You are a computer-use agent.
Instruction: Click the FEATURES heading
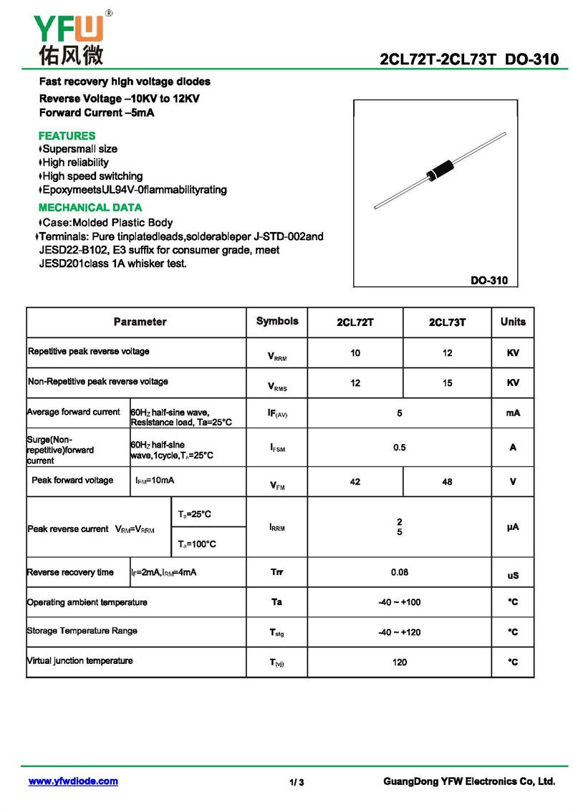pos(67,135)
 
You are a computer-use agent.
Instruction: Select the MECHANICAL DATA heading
pos(85,208)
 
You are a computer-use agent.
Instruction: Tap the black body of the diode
pos(438,170)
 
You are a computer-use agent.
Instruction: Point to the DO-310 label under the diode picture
pos(488,281)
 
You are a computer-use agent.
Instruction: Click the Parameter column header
pos(140,322)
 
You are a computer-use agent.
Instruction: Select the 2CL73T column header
pos(447,323)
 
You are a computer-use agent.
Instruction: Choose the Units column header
pos(513,322)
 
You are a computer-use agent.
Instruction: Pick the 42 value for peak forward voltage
pos(355,482)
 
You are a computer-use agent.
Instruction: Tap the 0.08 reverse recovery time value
pos(400,573)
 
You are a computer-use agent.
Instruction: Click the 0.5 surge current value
pos(400,448)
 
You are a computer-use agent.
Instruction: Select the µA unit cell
pos(513,527)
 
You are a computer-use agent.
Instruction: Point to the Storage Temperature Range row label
pos(82,631)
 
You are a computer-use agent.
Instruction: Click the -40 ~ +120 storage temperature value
pos(400,632)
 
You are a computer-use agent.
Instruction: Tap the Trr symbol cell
pos(277,573)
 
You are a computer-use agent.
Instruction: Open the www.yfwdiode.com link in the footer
pos(73,781)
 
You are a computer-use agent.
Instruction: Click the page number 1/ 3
pos(297,782)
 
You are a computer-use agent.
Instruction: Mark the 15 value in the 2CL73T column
pos(447,383)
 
